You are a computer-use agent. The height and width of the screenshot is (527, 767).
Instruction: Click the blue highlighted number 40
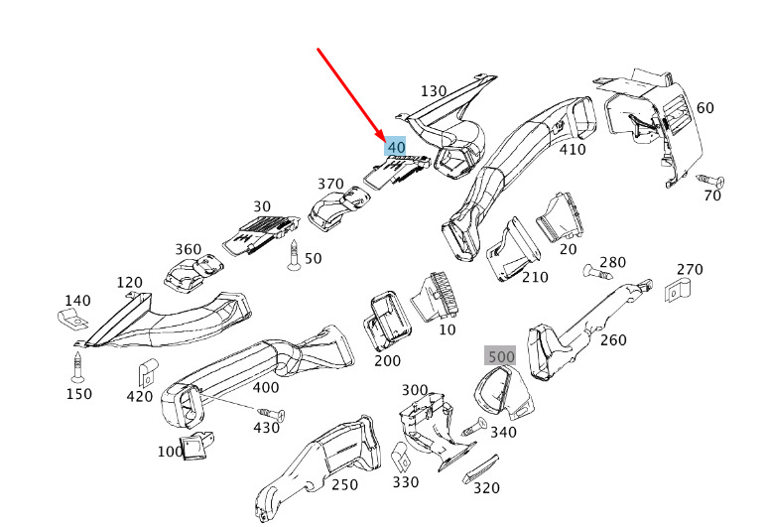pos(395,146)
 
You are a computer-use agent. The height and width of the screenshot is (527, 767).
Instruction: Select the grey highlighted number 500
pos(500,356)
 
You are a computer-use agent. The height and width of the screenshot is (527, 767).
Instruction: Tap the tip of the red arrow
pos(383,141)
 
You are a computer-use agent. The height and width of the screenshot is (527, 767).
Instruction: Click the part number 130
pos(434,91)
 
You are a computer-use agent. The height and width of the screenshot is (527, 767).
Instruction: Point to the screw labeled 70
pos(710,181)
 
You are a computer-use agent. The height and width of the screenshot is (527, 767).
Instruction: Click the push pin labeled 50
pos(294,255)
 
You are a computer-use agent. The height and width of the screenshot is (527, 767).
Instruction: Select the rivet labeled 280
pos(596,272)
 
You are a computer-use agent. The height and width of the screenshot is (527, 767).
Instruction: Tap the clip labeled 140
pos(72,319)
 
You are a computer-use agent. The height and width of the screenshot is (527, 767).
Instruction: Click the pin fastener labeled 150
pos(77,367)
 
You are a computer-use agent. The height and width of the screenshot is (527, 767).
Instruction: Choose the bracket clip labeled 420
pos(147,372)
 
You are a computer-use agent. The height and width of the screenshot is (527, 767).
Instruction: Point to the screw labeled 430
pos(272,414)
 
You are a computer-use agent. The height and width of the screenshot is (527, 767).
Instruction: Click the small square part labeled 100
pos(196,447)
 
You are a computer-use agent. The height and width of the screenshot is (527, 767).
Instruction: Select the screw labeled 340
pos(473,427)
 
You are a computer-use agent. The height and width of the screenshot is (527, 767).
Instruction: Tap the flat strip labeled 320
pos(480,468)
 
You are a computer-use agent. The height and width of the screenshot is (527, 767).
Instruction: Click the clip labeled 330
pos(401,457)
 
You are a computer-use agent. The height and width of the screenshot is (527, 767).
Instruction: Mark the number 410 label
pos(573,149)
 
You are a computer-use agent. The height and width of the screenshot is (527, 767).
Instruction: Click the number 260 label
pos(613,339)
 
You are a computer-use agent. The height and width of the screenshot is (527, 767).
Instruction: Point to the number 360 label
pos(189,249)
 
